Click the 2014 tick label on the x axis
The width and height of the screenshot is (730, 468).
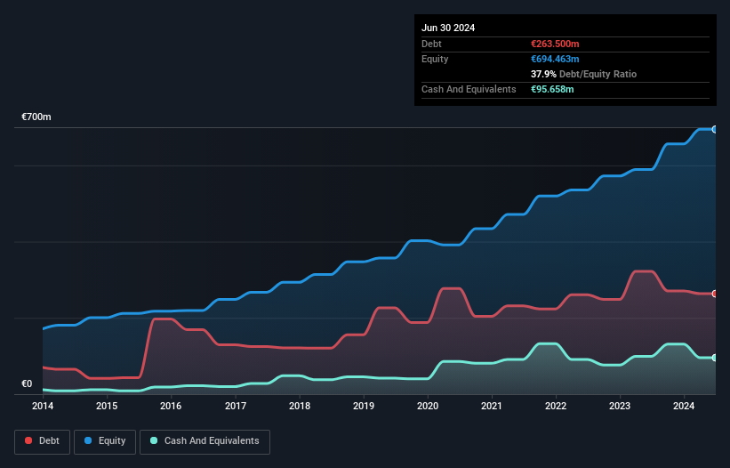(43, 407)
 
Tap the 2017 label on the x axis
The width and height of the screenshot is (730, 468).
(236, 407)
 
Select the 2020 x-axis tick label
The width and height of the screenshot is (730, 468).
(428, 407)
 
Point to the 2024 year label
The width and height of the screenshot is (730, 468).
(684, 407)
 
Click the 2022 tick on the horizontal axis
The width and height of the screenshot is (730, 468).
(556, 407)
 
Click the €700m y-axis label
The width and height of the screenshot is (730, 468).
(36, 117)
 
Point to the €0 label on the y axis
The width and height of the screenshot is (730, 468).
(27, 384)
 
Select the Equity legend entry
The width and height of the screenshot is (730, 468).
(105, 441)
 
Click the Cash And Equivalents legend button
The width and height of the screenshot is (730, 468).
(205, 441)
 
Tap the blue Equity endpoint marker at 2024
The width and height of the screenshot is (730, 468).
(715, 130)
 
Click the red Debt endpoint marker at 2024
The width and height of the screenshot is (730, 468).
(715, 294)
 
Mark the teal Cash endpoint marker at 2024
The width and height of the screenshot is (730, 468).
(715, 358)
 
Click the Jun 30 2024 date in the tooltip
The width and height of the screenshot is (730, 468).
(448, 28)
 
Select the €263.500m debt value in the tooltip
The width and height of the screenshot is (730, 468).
(555, 44)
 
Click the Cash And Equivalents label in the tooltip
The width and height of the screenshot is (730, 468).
(469, 89)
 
